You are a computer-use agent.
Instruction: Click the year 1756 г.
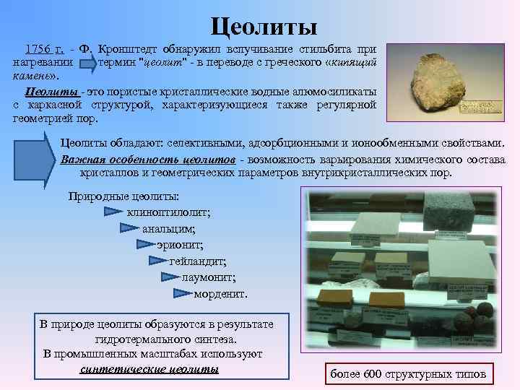coord(44,50)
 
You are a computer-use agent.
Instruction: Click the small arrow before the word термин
coord(87,63)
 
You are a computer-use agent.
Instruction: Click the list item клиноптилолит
coord(168,212)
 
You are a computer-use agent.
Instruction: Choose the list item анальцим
coord(168,229)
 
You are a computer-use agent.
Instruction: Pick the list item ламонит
coord(209,277)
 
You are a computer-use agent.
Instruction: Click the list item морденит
coord(220,293)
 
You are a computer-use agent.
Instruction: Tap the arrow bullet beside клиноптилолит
coord(113,212)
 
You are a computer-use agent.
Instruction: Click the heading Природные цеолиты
coord(123,196)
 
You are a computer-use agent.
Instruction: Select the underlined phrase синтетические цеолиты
coord(149,369)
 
